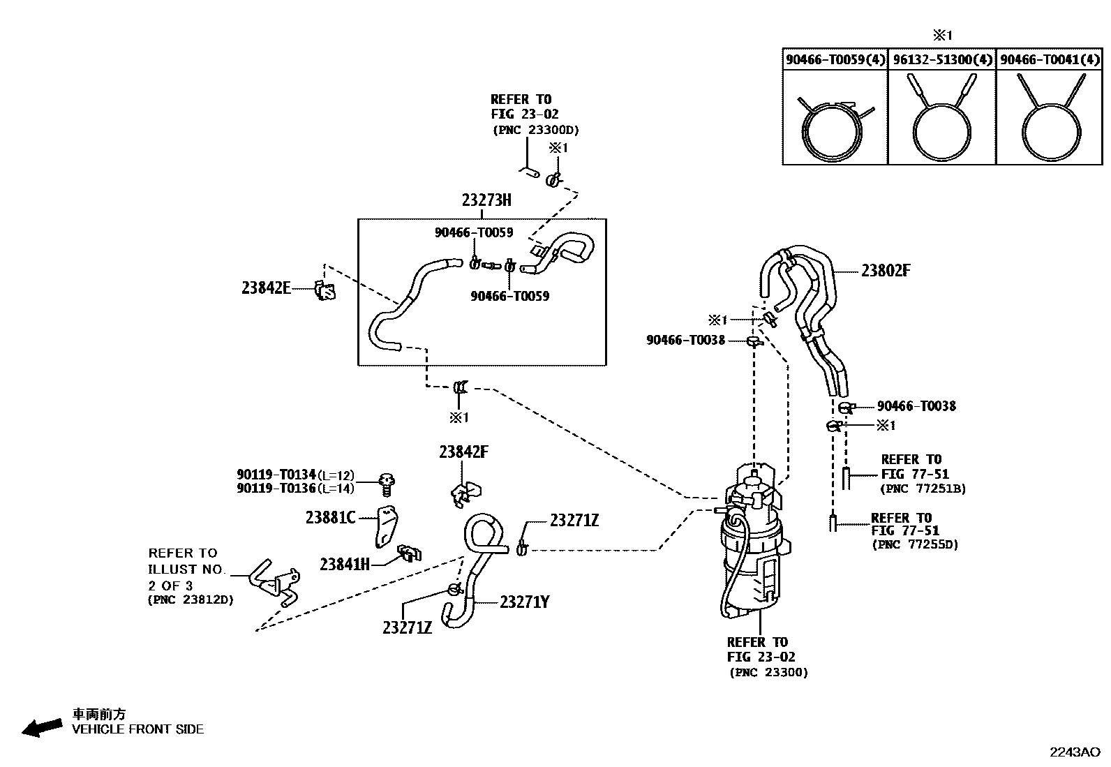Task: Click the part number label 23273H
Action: pos(486,201)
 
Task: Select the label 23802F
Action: pos(885,271)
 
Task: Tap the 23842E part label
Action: pos(266,288)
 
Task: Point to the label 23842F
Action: pos(463,452)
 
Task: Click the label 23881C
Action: pos(330,517)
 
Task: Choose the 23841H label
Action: pos(345,564)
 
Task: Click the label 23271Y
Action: pos(524,602)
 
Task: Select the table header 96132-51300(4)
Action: pos(942,60)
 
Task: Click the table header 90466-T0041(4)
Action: pos(1050,60)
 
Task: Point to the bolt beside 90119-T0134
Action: pos(387,482)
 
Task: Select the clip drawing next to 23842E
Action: pos(325,290)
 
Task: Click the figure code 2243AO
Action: pos(1075,752)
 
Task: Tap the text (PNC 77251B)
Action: pos(923,489)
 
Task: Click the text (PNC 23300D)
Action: pos(535,130)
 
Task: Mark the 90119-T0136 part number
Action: pos(276,488)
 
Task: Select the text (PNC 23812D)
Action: pos(191,600)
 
